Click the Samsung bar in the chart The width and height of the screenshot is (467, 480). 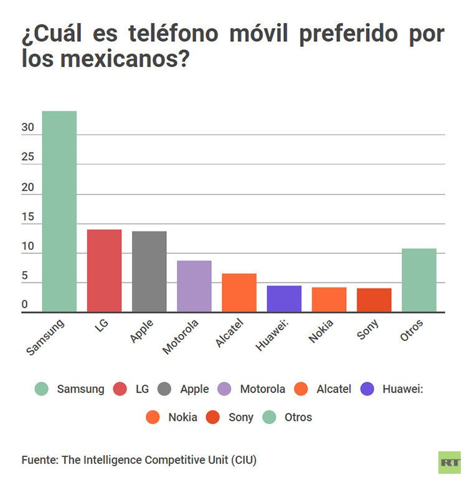point(59,212)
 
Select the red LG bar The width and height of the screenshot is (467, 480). point(104,271)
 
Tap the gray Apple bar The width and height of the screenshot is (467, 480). point(149,272)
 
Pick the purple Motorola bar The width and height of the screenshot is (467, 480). point(194,287)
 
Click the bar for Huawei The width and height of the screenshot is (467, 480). point(284,299)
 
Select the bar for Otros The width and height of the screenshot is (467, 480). point(419,281)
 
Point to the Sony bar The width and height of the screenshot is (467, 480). point(374,300)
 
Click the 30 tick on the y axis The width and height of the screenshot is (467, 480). point(27,128)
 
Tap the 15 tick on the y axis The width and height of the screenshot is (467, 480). point(27,217)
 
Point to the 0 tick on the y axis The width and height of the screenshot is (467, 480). point(25,305)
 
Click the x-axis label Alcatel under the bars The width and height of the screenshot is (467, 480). point(229,332)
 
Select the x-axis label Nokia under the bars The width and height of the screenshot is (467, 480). point(321,332)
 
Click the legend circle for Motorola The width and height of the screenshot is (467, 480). point(225,389)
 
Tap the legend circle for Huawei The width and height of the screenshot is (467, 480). point(367,389)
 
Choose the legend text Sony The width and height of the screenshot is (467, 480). point(241,418)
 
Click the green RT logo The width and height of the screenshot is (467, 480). point(449,462)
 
